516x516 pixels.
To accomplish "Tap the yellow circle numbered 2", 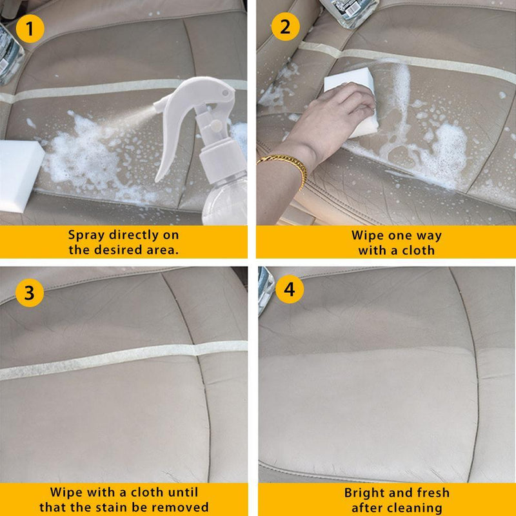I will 286,27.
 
